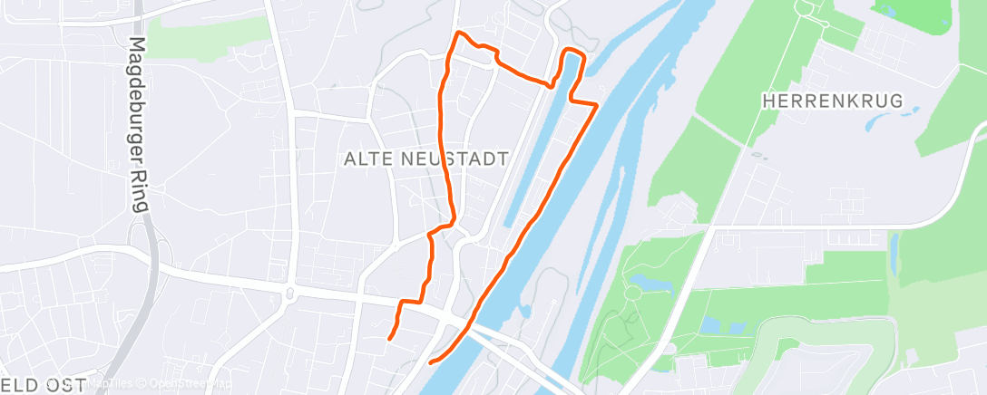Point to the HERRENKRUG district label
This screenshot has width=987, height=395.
[833, 101]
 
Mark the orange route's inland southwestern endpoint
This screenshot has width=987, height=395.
[389, 339]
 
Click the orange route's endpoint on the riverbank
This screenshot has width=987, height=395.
[430, 362]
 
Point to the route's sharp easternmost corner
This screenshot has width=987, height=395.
[595, 106]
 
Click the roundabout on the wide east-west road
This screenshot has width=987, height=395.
[290, 293]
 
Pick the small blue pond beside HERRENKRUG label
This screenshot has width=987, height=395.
[907, 115]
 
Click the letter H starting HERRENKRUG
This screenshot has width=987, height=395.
[768, 101]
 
